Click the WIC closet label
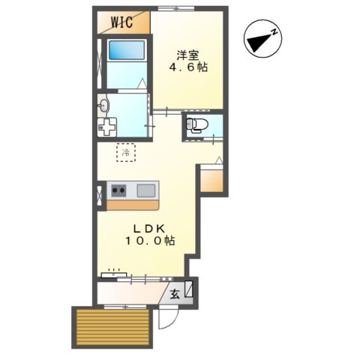(121, 22)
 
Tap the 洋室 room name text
(187, 55)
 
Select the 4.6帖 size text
(188, 67)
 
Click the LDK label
(149, 229)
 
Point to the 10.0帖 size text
(150, 241)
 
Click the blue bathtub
(127, 50)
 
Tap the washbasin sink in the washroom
(103, 106)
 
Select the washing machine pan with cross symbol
(107, 127)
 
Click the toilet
(196, 124)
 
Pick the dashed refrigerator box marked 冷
(126, 152)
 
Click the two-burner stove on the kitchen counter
(118, 190)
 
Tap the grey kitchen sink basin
(146, 190)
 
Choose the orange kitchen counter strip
(133, 205)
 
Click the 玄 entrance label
(175, 295)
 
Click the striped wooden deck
(113, 327)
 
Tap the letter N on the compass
(274, 32)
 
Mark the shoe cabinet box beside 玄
(189, 289)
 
